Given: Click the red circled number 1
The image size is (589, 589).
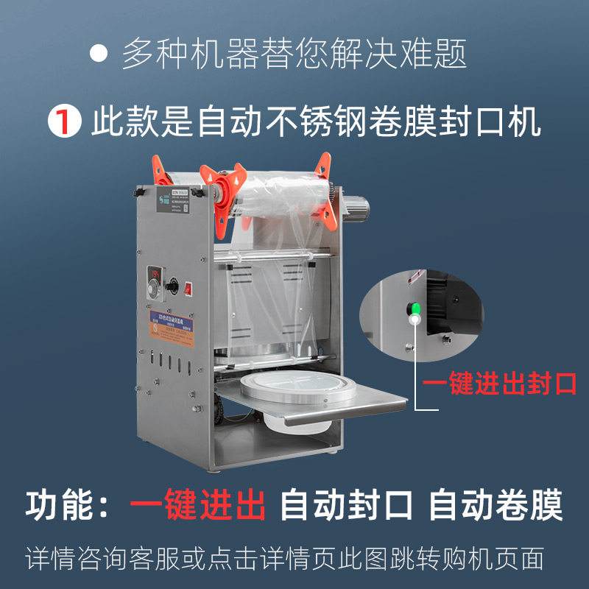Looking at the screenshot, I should tap(64, 122).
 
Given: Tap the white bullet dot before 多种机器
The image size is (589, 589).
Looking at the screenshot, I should tap(98, 52).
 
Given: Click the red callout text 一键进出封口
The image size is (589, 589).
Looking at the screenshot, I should tap(498, 384).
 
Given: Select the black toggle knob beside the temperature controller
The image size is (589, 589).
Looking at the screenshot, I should tap(174, 283).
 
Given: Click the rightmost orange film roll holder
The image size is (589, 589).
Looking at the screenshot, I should tap(323, 187).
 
